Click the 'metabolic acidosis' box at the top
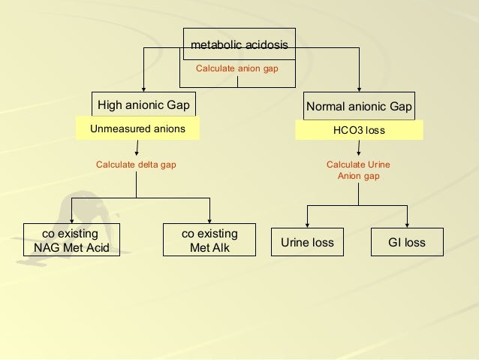(239, 46)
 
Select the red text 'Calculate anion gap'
(236, 68)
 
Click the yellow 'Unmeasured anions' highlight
(137, 129)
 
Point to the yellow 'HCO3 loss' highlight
(359, 130)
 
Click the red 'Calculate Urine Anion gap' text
(358, 170)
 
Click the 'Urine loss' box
(307, 243)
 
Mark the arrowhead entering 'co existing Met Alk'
(210, 218)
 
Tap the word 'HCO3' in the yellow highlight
(347, 130)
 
